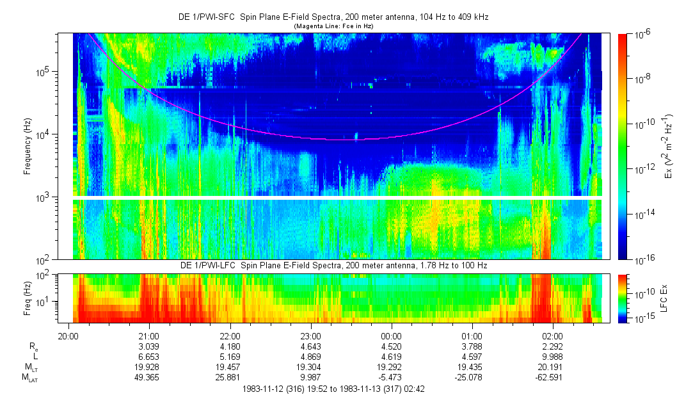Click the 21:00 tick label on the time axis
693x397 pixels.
[x=149, y=336]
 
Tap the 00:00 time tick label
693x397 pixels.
[x=391, y=336]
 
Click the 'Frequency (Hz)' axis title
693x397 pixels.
[x=28, y=146]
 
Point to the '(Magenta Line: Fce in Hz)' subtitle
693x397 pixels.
[x=333, y=26]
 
